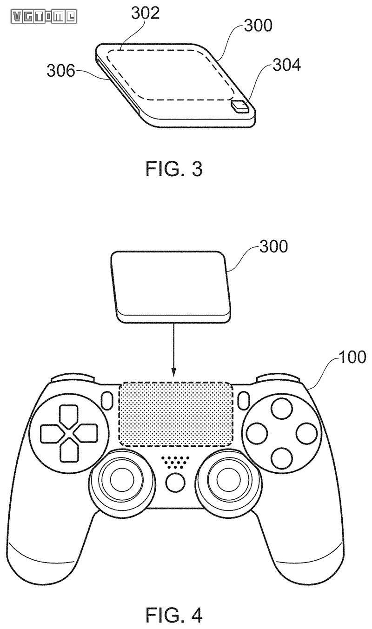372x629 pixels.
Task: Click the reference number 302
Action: [x=145, y=13]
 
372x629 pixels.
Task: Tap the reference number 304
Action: [x=286, y=66]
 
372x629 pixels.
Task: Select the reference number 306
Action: [x=60, y=71]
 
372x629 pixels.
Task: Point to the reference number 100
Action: [x=352, y=357]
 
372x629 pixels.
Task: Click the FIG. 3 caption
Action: [x=174, y=168]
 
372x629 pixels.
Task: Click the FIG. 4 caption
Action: [x=174, y=614]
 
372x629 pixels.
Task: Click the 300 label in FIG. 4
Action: [x=273, y=246]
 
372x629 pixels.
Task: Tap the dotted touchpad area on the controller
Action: [x=175, y=413]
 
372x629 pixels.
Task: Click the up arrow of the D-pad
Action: [x=69, y=416]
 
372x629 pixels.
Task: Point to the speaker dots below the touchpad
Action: [x=175, y=462]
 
